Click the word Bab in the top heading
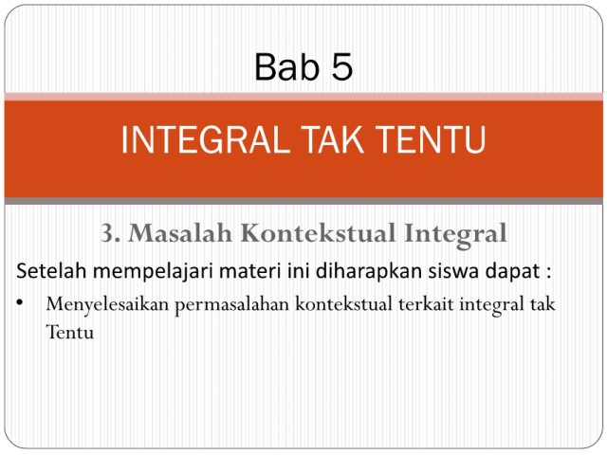(x=287, y=66)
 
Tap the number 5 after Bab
(x=341, y=66)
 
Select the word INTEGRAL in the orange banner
(x=206, y=139)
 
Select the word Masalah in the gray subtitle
(x=180, y=233)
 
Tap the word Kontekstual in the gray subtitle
(x=319, y=233)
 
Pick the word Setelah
(x=50, y=270)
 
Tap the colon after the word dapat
(x=548, y=273)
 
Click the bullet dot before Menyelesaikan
(x=20, y=302)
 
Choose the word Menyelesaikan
(x=107, y=305)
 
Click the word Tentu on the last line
(x=70, y=333)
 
